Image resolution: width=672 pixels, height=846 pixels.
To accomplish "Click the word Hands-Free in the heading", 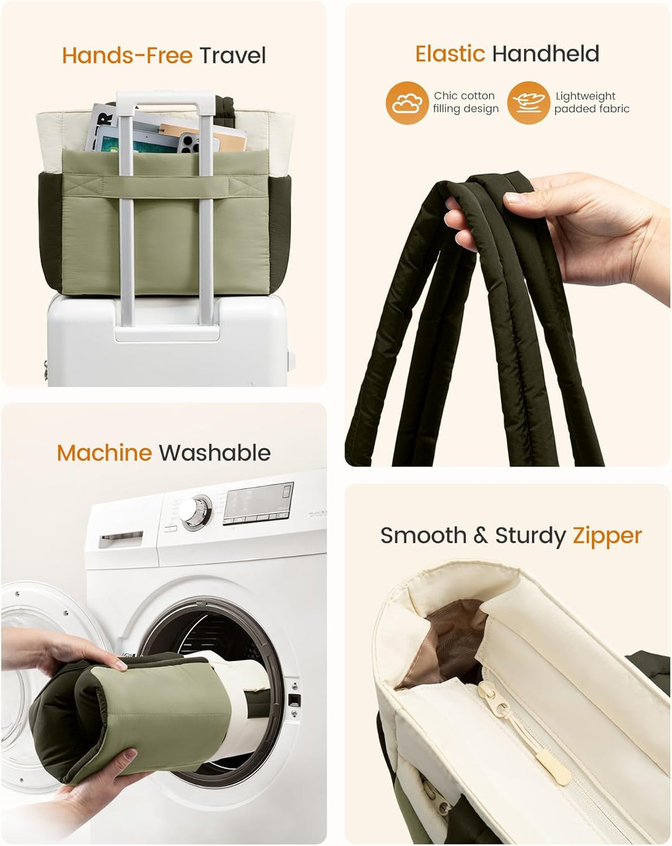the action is [127, 55].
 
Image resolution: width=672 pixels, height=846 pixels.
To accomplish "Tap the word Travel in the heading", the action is [233, 55].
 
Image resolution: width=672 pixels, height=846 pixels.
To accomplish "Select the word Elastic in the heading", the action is [450, 54].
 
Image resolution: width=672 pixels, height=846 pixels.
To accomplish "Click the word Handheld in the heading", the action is [546, 54].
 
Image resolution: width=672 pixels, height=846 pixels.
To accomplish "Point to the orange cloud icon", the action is [407, 103].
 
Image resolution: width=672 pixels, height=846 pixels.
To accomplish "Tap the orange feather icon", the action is [528, 103].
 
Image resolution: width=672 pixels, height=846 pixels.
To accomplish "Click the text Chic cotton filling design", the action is [465, 102].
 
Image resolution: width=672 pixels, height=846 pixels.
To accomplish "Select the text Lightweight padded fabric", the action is [592, 102].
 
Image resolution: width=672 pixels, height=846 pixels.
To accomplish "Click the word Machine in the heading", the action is [105, 453].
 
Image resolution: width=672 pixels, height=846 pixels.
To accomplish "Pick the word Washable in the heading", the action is [215, 453].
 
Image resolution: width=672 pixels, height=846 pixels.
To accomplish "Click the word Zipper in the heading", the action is [607, 536].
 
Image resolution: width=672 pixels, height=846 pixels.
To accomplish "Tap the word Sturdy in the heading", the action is [530, 536].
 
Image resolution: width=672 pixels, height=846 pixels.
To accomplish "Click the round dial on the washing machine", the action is [195, 513].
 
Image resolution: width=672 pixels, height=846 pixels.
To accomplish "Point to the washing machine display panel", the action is [259, 503].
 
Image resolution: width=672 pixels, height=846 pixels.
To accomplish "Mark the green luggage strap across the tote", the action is [166, 186].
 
